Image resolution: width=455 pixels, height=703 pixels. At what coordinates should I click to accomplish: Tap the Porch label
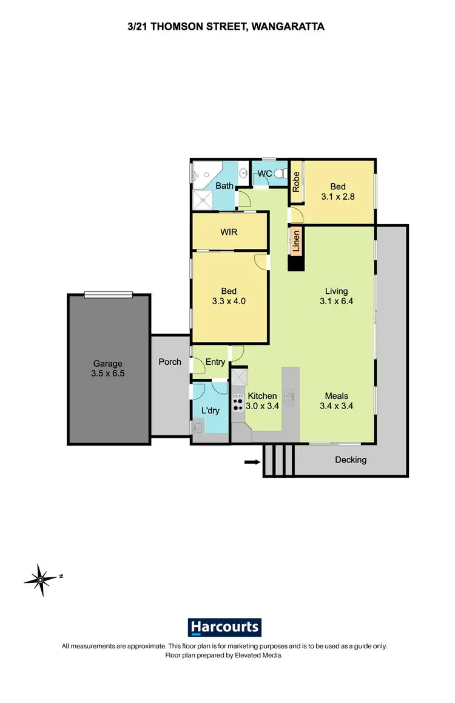point(170,362)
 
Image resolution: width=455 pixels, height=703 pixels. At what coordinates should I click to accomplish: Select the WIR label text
point(229,232)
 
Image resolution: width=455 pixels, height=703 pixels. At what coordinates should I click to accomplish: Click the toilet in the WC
point(280,174)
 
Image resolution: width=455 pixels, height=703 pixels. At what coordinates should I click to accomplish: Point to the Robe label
point(296,182)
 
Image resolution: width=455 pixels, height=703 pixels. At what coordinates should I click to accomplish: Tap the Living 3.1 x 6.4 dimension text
point(336,300)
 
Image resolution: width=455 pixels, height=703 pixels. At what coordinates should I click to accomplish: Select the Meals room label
point(336,396)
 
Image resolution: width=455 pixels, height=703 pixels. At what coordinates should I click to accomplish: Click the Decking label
point(351,460)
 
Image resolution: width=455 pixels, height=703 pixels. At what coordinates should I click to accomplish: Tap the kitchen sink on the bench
point(291,396)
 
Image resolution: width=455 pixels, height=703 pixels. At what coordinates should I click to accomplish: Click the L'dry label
point(210,411)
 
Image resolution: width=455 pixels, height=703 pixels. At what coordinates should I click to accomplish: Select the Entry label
point(215,362)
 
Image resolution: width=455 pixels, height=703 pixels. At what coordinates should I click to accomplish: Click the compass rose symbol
point(40,579)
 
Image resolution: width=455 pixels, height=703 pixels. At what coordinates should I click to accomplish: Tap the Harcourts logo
point(224,627)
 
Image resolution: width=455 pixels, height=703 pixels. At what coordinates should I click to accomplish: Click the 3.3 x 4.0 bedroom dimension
point(229,301)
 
